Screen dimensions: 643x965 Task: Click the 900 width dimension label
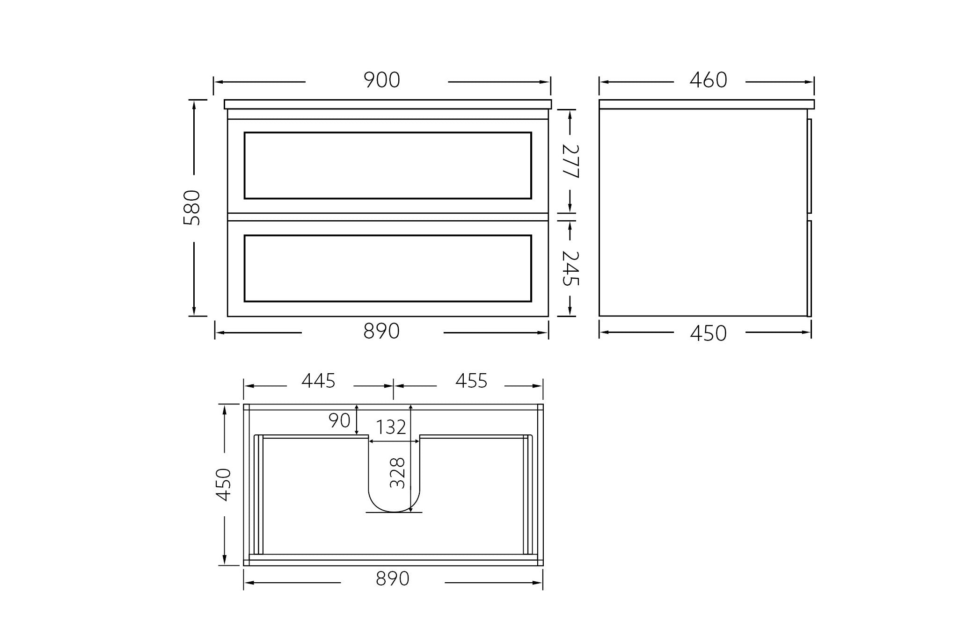[382, 80]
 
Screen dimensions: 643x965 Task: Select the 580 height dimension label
[192, 208]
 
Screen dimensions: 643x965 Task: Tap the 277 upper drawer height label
[570, 161]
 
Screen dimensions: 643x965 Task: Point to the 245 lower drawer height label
[570, 268]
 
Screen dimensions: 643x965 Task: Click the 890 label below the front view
[381, 332]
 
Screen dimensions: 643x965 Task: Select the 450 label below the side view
[708, 333]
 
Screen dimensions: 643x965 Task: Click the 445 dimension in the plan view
[318, 381]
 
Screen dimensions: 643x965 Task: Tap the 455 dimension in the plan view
[471, 381]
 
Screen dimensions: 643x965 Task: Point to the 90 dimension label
[339, 421]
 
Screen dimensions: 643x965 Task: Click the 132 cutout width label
[391, 427]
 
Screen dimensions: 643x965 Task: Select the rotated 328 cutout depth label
[397, 473]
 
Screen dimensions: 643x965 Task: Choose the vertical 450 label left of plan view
[224, 484]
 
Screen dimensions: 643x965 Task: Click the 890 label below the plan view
[392, 579]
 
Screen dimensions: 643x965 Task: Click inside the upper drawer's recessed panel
[387, 166]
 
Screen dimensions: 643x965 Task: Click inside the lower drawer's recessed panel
[387, 268]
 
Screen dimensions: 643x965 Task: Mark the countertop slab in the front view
[387, 104]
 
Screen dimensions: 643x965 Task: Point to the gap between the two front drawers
[387, 217]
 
